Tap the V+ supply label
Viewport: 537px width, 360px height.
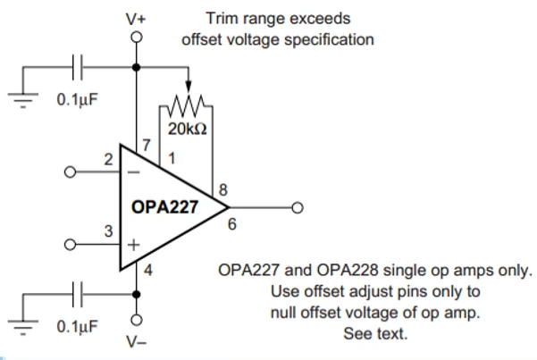pos(137,16)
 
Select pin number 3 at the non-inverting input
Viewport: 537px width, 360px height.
pos(108,231)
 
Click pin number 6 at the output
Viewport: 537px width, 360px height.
pos(232,224)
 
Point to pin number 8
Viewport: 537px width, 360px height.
pos(219,189)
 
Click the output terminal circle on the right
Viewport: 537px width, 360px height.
pos(298,208)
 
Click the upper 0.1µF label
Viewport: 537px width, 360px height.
pos(78,97)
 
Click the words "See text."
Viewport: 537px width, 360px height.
pos(375,334)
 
